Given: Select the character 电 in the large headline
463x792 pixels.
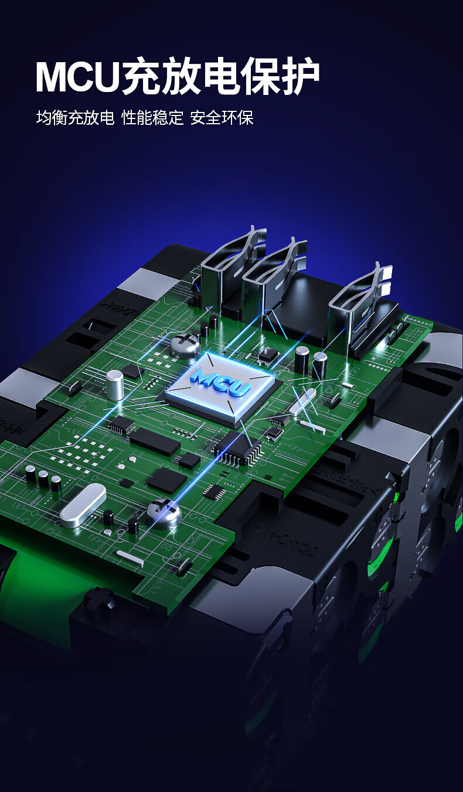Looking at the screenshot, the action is point(222,76).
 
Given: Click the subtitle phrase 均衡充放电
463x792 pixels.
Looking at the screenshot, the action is point(75,118).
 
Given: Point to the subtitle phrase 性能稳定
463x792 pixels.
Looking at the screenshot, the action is point(153,118).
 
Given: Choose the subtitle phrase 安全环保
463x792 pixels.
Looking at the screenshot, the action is point(222,118).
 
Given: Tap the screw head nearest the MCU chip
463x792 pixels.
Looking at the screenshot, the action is point(185,344).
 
